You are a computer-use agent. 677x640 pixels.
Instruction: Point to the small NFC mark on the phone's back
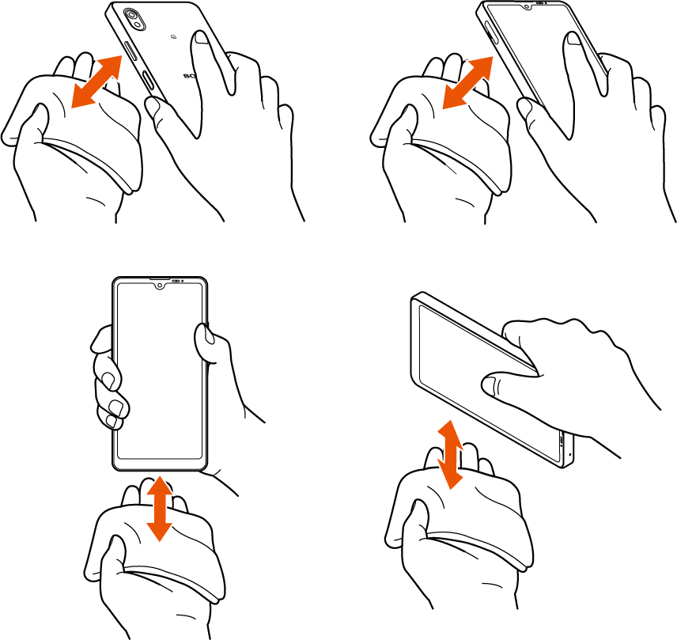coord(172,36)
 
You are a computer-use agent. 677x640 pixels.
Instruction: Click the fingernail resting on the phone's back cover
coord(203,41)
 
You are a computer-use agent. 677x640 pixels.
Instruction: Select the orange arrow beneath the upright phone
coord(160,507)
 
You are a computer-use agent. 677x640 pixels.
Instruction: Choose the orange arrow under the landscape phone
coord(449,454)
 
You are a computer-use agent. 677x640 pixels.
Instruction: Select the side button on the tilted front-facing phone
coord(495,36)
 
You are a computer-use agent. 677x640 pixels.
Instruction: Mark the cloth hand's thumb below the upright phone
coord(111,554)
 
